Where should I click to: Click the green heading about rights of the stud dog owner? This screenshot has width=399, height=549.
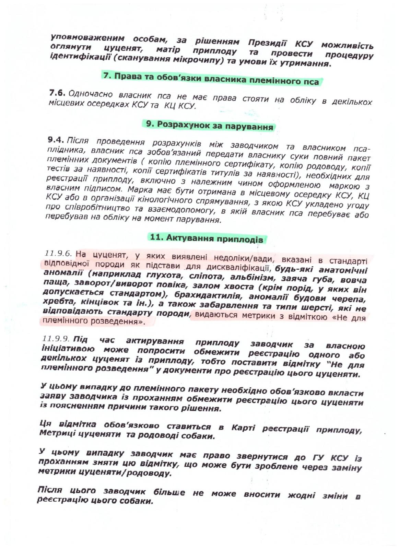click(211, 79)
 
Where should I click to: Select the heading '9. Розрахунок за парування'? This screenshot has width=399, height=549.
click(210, 126)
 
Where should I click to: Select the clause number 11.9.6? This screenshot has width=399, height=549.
click(58, 254)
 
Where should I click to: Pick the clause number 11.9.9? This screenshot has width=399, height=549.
click(56, 339)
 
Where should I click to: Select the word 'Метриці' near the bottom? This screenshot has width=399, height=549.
click(56, 433)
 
